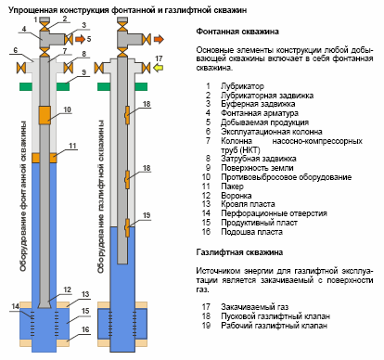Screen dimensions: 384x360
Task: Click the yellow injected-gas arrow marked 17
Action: click(159, 68)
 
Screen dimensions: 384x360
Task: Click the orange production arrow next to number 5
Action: click(81, 39)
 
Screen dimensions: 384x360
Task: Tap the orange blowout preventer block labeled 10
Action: click(45, 115)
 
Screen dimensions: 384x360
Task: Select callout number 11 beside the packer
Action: click(72, 146)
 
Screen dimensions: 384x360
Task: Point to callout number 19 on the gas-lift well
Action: click(147, 215)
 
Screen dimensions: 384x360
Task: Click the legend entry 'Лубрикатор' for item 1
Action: click(242, 86)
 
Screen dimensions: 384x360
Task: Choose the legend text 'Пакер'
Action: click(232, 186)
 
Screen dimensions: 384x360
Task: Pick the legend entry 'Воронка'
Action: click(237, 196)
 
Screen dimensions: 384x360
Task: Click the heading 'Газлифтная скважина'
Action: click(239, 252)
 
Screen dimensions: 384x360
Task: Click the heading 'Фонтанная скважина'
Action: click(237, 32)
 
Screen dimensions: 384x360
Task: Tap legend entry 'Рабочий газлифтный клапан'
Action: click(274, 326)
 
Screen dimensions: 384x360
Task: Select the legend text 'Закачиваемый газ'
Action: click(254, 307)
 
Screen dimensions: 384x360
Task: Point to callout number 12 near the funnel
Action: click(67, 289)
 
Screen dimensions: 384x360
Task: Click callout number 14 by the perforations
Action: click(15, 306)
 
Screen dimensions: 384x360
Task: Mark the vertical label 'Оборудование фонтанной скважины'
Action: click(23, 197)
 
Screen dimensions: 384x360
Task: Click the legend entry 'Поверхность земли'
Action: click(257, 168)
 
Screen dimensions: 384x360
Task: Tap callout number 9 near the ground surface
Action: click(83, 72)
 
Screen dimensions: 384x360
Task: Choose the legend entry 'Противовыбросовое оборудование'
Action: click(286, 177)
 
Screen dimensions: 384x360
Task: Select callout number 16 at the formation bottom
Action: click(85, 329)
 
